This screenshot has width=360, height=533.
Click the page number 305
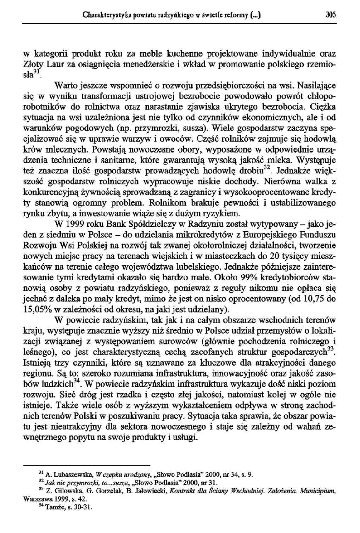[331, 14]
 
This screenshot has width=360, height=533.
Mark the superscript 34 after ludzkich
[77, 381]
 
